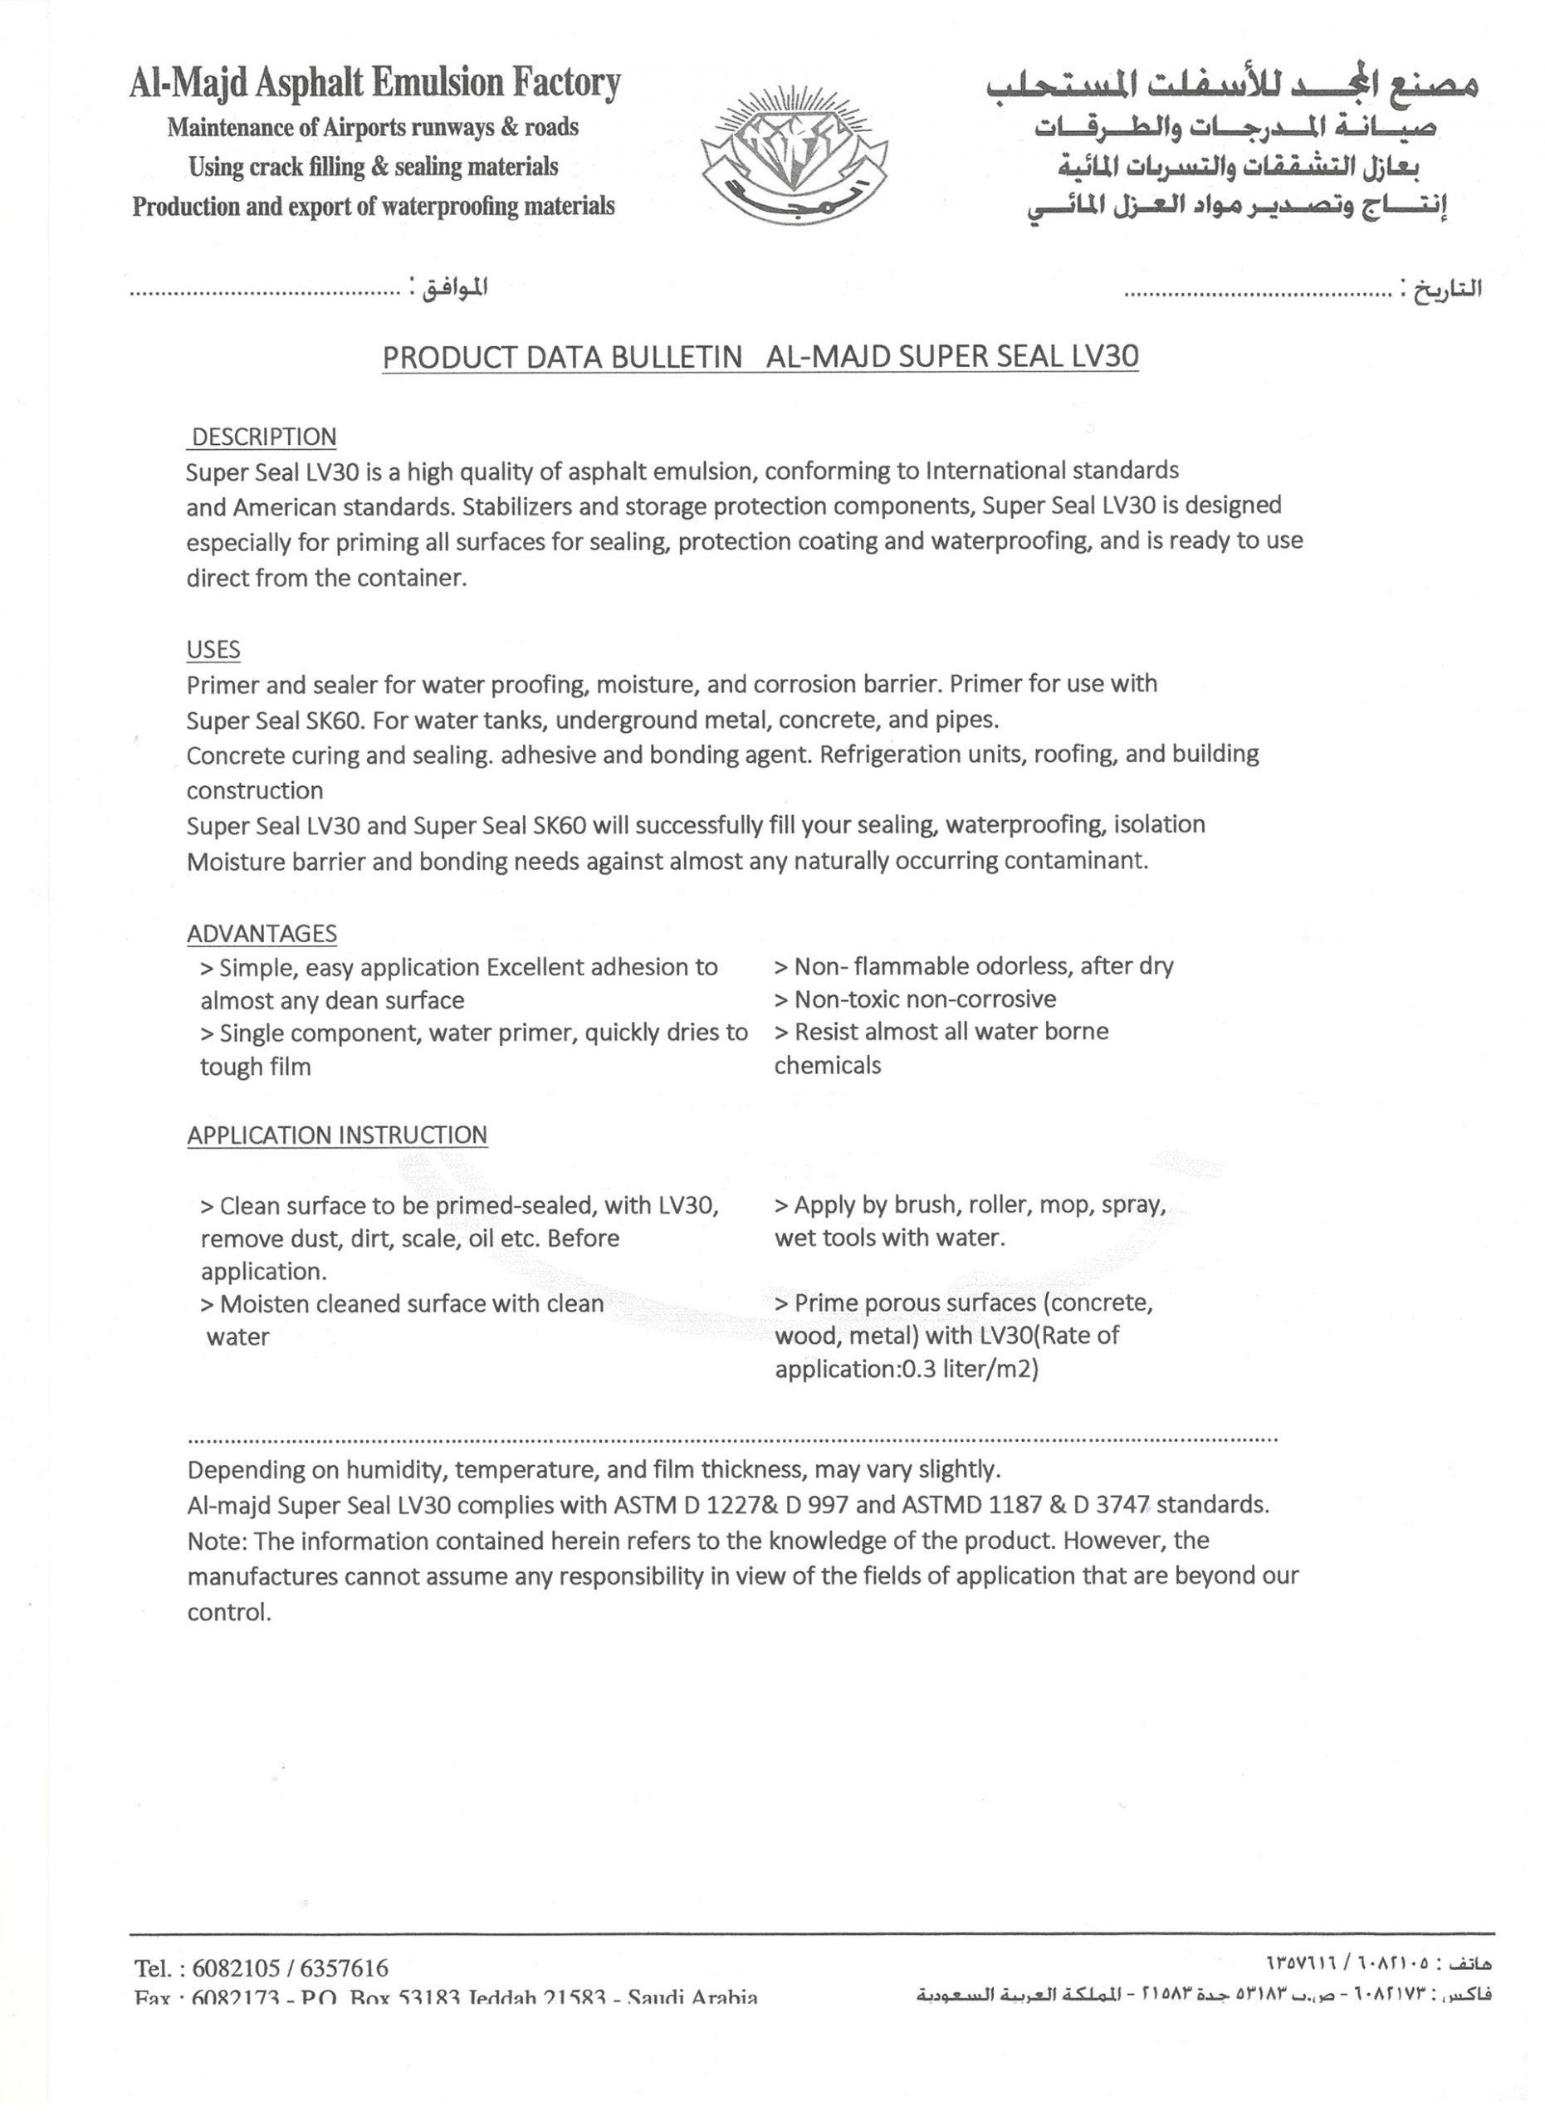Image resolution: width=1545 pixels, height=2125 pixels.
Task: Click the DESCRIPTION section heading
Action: pyautogui.click(x=263, y=437)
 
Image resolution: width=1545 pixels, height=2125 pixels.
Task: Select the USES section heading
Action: pyautogui.click(x=213, y=650)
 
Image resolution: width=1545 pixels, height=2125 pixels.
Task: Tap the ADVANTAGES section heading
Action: pyautogui.click(x=262, y=934)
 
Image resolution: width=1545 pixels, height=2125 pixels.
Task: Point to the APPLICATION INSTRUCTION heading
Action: pyautogui.click(x=337, y=1136)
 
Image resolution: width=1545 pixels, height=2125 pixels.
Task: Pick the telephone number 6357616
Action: pyautogui.click(x=344, y=1967)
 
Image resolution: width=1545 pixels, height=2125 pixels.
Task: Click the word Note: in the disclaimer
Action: pyautogui.click(x=218, y=1541)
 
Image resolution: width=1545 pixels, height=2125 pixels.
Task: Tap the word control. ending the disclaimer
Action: pyautogui.click(x=229, y=1613)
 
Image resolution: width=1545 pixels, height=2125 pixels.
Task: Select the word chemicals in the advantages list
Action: pyautogui.click(x=828, y=1067)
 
